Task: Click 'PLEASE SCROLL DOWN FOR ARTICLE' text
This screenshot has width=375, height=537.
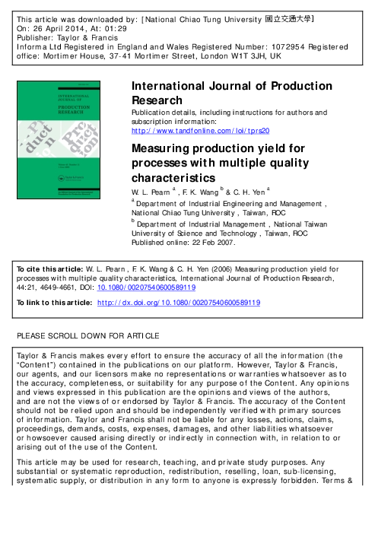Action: (89, 336)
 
